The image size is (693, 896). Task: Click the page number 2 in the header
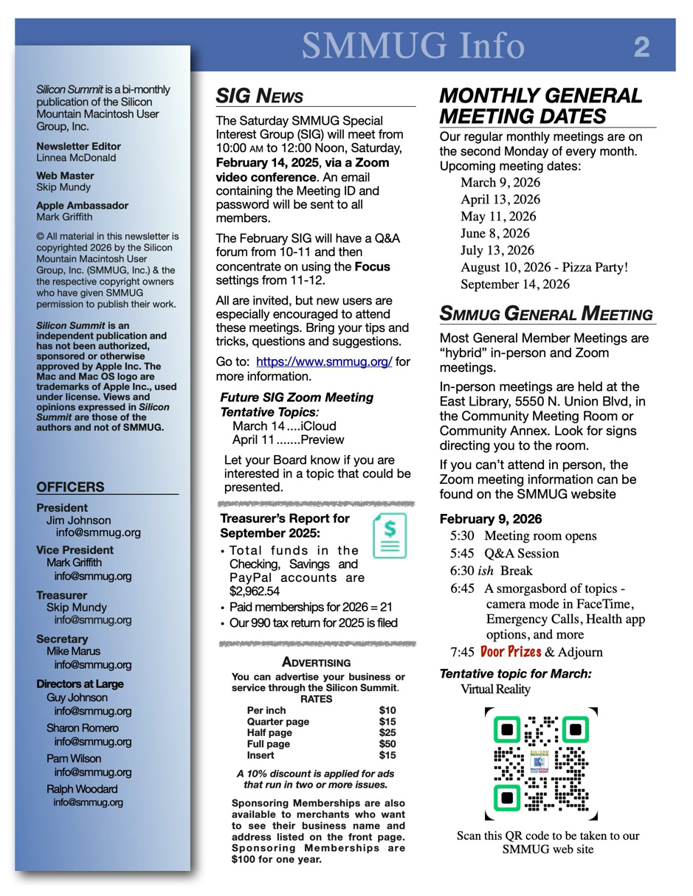pyautogui.click(x=641, y=48)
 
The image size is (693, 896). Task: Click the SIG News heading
pyautogui.click(x=259, y=97)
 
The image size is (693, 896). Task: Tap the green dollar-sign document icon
pyautogui.click(x=390, y=535)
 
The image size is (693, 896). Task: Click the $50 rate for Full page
pyautogui.click(x=387, y=744)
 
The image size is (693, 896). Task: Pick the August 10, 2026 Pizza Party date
pyautogui.click(x=544, y=268)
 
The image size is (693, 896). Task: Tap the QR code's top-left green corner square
pyautogui.click(x=507, y=730)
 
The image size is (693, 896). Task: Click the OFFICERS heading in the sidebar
pyautogui.click(x=70, y=487)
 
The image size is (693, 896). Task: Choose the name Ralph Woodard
pyautogui.click(x=82, y=789)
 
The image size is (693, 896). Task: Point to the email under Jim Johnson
pyautogui.click(x=98, y=532)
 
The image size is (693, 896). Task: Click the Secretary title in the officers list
pyautogui.click(x=62, y=639)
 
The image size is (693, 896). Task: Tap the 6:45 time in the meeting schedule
pyautogui.click(x=462, y=588)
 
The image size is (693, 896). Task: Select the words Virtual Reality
pyautogui.click(x=495, y=690)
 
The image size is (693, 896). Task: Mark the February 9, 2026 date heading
pyautogui.click(x=491, y=518)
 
